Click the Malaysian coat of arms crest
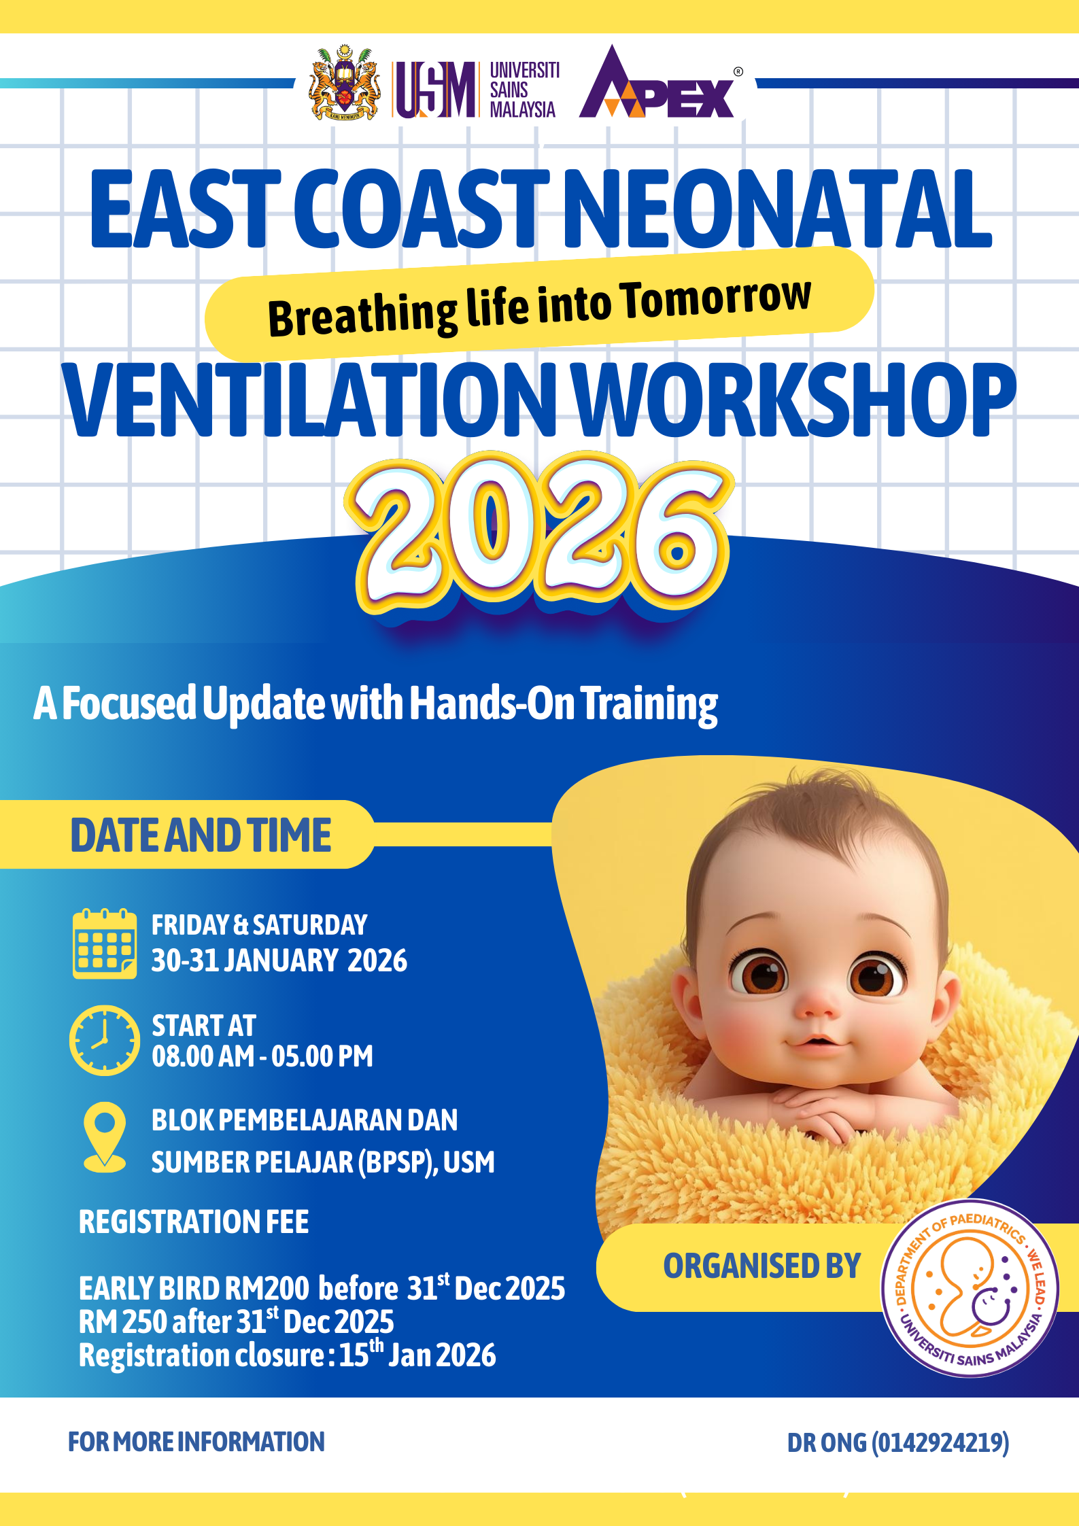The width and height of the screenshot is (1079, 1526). coord(344,83)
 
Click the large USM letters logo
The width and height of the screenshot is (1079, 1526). coord(435,89)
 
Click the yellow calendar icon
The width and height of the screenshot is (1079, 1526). coord(105,943)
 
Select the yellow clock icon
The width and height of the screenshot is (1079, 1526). coord(105,1040)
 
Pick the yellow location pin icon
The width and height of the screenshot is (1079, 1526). coord(104,1137)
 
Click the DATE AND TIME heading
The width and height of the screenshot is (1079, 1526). coord(201,835)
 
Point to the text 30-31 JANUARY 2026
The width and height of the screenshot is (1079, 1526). coord(279,960)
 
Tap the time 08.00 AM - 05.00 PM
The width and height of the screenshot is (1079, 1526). coord(262,1056)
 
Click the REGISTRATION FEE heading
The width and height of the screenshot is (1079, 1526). coord(194,1221)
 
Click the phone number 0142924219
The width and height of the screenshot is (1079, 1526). coord(940,1442)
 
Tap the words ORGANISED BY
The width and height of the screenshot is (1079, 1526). coord(762,1266)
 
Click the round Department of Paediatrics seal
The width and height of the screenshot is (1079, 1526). coord(970,1288)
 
